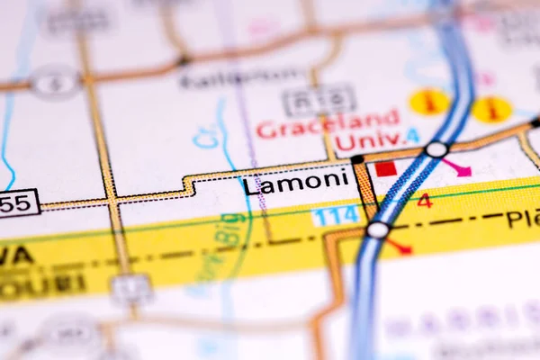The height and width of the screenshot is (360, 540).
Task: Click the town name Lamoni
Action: point(295,183)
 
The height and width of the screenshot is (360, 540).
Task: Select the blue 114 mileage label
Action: point(336,215)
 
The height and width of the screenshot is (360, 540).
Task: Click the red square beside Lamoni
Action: point(385,168)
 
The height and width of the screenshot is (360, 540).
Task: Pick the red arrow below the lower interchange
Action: point(399,245)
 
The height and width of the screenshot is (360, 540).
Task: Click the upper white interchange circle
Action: point(436,148)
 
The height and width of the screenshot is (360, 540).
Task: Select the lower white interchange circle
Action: point(377,229)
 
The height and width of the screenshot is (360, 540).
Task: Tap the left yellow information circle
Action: point(429,101)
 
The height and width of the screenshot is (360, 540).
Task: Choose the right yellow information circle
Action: point(491,108)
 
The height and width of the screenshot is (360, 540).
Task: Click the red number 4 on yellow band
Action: point(424,200)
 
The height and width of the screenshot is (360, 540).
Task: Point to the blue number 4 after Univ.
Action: point(411,136)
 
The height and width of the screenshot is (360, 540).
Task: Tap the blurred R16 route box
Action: point(319,99)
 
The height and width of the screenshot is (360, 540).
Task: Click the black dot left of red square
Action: point(357,159)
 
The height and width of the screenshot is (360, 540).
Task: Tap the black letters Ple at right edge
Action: point(522,218)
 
